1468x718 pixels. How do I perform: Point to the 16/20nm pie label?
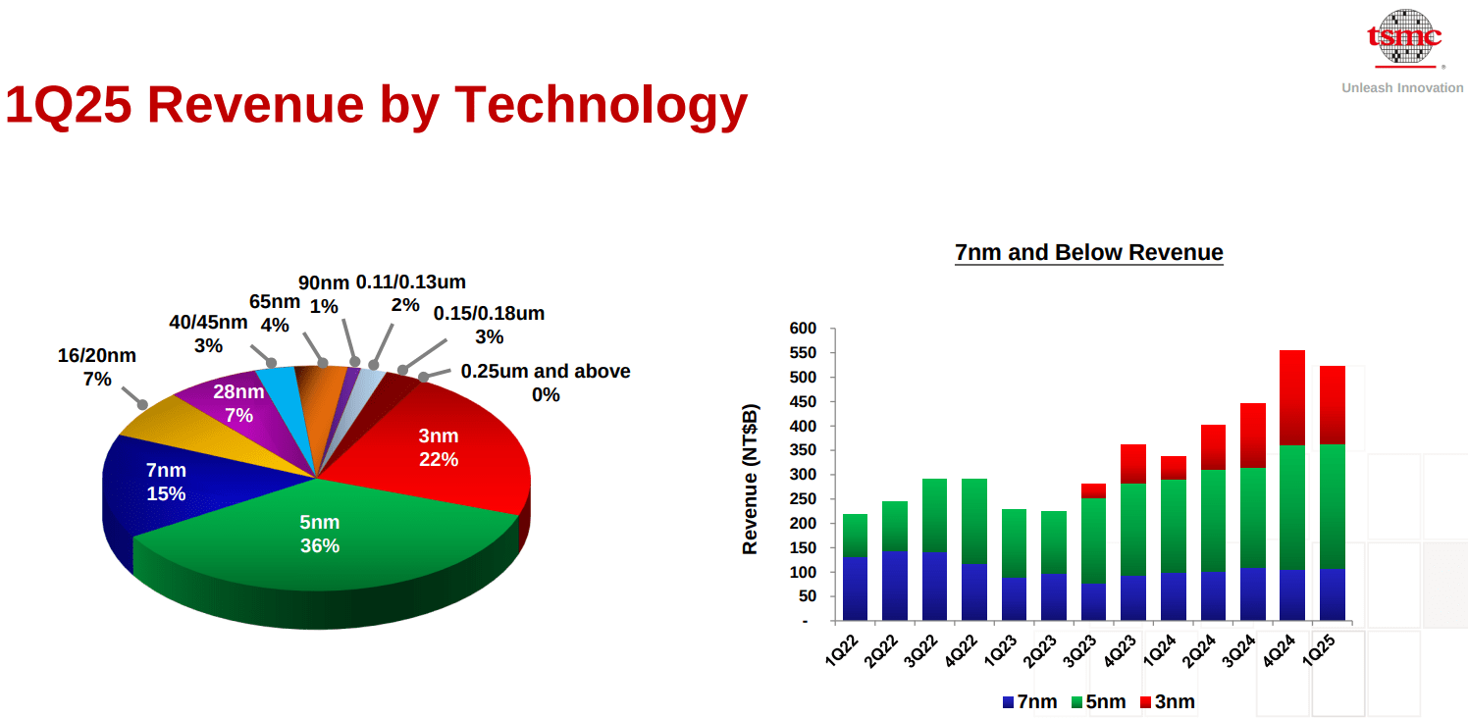(x=97, y=367)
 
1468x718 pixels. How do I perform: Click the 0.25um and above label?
(x=546, y=383)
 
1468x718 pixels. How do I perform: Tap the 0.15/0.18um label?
(x=489, y=325)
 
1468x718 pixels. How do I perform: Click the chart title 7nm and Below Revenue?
(x=1089, y=252)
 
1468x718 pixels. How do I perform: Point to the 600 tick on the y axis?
(x=803, y=329)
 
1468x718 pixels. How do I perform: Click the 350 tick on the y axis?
(x=803, y=450)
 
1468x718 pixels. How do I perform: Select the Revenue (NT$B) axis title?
(x=751, y=478)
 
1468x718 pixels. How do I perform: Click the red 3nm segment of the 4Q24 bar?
(x=1292, y=397)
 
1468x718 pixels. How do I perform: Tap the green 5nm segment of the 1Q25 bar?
(x=1333, y=505)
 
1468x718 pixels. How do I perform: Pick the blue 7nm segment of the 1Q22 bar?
(x=855, y=589)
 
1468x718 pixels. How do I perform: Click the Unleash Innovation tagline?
(x=1402, y=88)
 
